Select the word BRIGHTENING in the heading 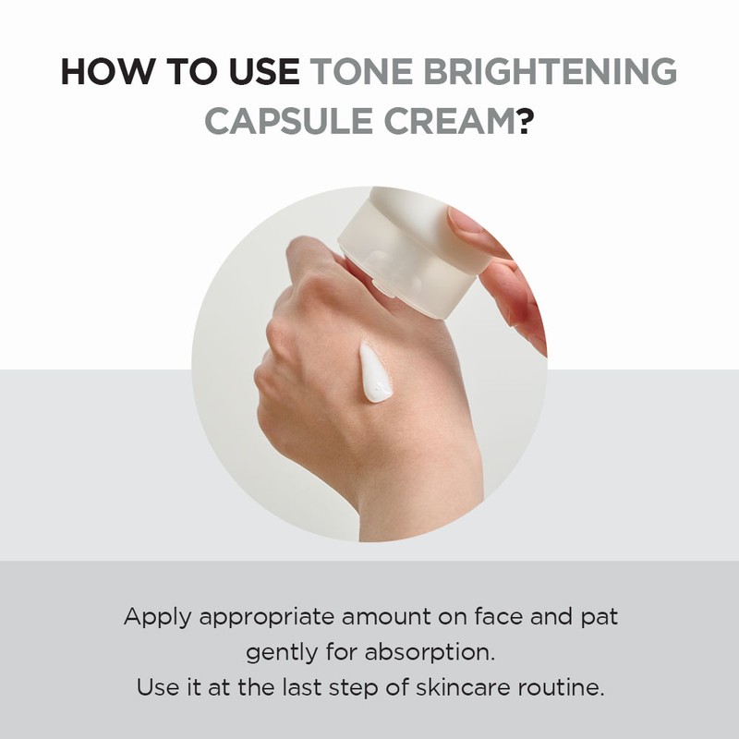coord(549,73)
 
